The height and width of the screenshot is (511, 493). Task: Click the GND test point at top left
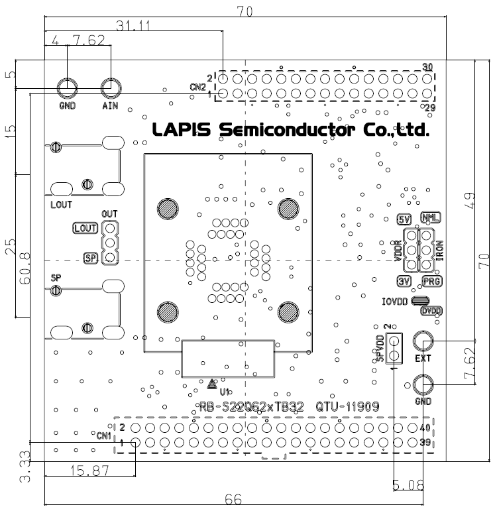click(68, 87)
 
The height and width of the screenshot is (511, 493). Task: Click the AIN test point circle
click(111, 87)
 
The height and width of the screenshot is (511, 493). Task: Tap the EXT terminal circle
click(423, 341)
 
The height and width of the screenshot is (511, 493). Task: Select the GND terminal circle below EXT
click(423, 384)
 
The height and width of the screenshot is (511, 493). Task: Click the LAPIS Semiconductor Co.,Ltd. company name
click(290, 129)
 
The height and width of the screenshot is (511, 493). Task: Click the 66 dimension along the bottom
click(233, 499)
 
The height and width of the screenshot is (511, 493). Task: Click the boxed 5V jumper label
click(404, 219)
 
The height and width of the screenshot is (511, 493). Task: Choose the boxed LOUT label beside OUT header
click(85, 228)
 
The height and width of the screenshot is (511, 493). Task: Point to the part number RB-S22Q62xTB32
click(251, 407)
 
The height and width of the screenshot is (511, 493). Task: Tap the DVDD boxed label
click(432, 310)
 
